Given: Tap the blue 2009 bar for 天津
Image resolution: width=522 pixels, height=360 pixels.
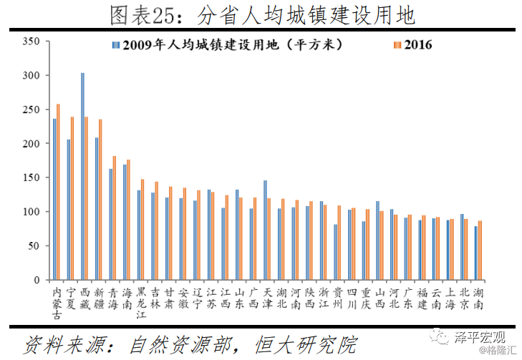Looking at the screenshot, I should coord(265,230).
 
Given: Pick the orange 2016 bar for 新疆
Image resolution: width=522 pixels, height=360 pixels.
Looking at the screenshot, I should coord(100,200).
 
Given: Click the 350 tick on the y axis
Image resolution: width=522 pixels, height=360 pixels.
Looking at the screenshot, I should coord(31,42).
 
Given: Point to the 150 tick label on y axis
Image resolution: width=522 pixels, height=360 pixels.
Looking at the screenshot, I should coord(31,177).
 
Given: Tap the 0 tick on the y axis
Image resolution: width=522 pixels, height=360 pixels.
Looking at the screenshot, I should coord(36,280).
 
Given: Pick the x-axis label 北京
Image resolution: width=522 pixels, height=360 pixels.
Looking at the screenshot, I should coord(463,298).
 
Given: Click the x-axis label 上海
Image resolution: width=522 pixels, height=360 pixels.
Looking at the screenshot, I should coord(450,298).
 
